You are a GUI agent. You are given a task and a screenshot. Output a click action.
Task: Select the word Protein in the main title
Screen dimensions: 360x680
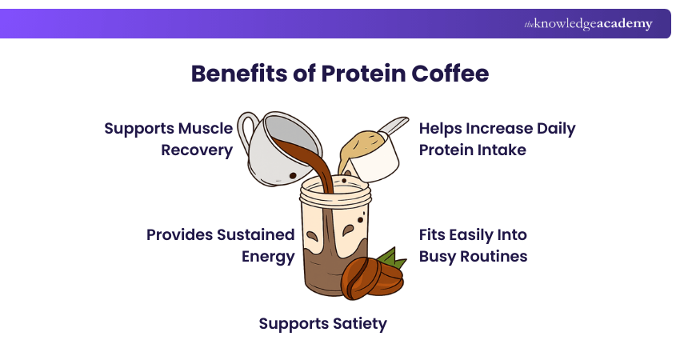[x=358, y=74]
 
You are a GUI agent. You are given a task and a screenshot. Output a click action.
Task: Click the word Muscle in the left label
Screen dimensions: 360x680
[x=206, y=128]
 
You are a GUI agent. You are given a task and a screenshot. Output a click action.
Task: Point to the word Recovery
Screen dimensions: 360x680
[x=197, y=150]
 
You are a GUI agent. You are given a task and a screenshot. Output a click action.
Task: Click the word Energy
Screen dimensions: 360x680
[x=268, y=257]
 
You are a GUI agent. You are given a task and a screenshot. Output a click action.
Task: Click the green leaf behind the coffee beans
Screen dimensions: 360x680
[x=391, y=258]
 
